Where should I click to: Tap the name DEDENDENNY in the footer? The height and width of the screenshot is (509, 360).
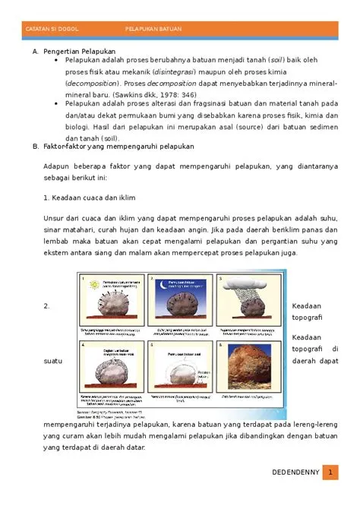[296, 473]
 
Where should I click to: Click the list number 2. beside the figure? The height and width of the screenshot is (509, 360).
[46, 306]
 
